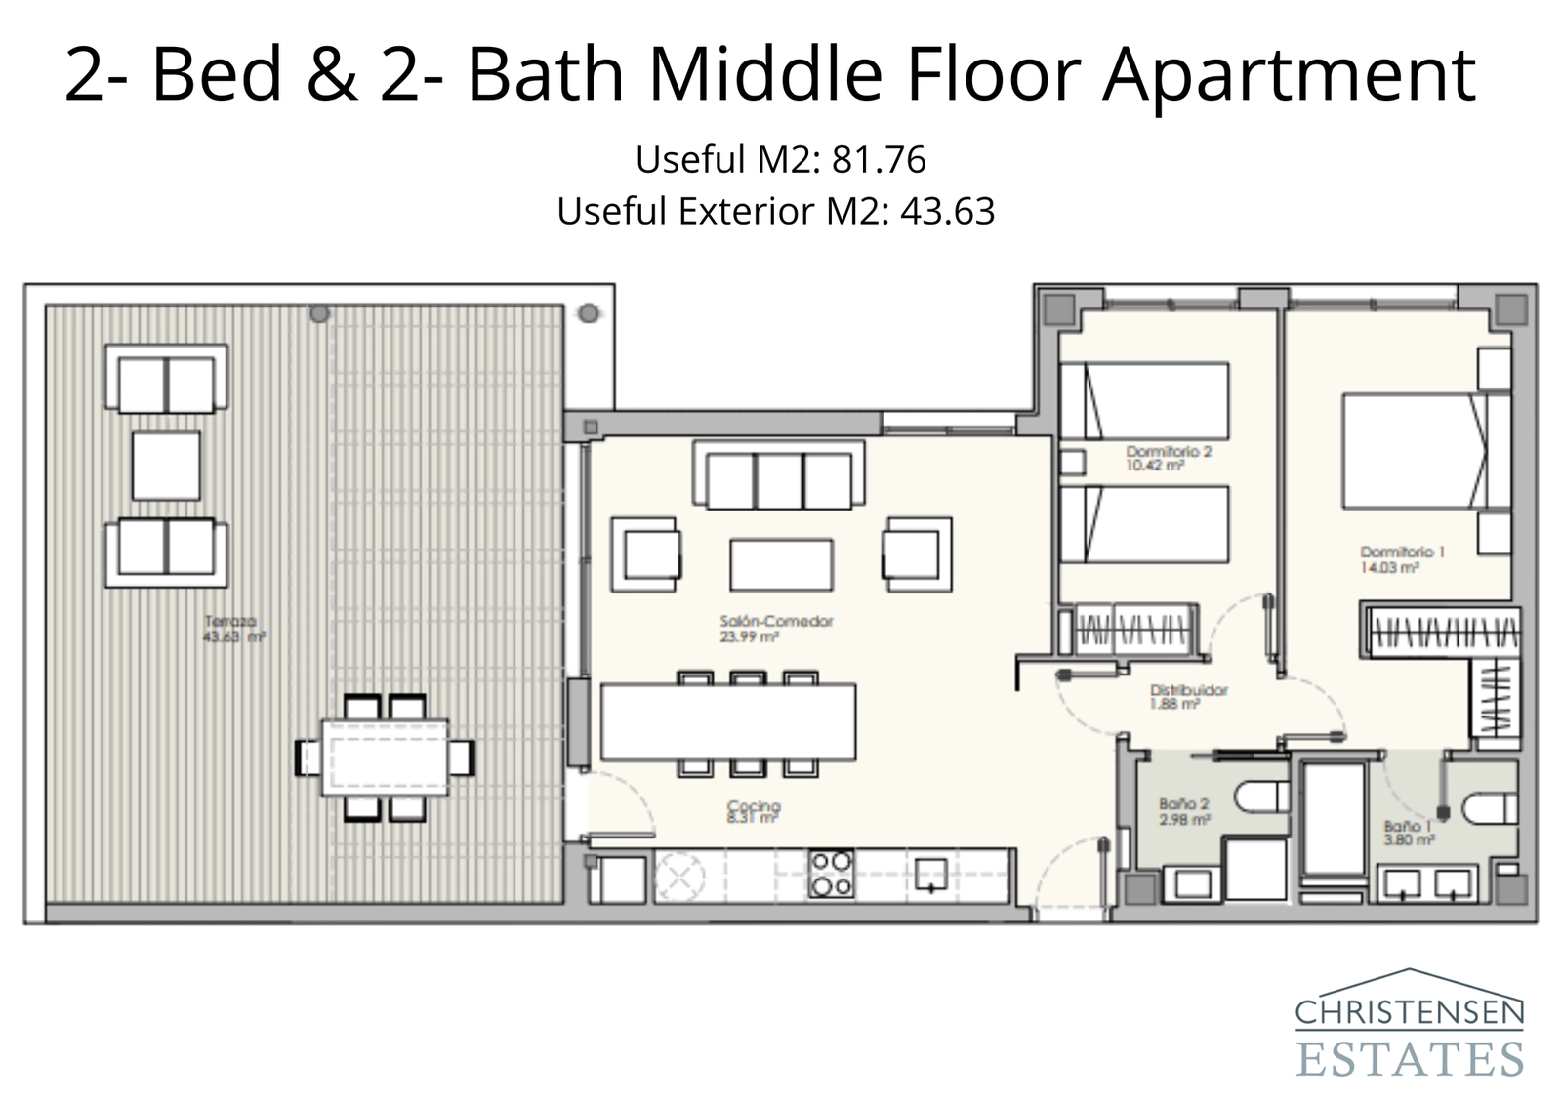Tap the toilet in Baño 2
pos(1262,797)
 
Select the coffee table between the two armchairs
pos(781,565)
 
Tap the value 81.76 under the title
pos(878,160)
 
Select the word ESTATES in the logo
pos(1409,1059)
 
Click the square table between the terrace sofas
pos(166,466)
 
